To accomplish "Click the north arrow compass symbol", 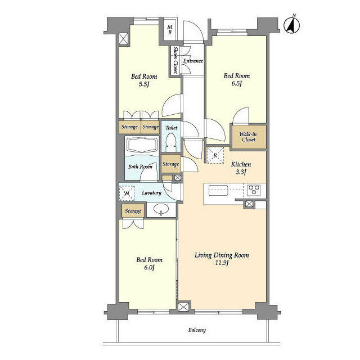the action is click(291, 25).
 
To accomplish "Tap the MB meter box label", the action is click(170, 30).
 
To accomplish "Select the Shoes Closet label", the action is click(175, 60).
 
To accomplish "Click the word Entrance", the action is click(193, 61).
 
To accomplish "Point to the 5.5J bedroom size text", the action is click(144, 84).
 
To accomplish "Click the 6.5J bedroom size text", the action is click(237, 83).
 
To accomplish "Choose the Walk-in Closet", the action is click(248, 137).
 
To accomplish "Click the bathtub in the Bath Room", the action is click(142, 145).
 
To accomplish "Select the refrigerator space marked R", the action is click(215, 155).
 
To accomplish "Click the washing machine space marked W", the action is click(127, 193).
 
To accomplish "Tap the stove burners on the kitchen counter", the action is click(254, 190).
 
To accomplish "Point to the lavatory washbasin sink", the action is click(161, 209).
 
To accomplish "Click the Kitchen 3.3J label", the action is click(241, 168).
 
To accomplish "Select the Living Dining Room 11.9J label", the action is click(222, 259).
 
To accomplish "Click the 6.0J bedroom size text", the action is click(149, 268).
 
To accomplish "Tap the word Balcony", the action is click(197, 330).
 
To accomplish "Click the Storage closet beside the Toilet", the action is click(170, 164).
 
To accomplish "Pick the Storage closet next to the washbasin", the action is click(133, 211).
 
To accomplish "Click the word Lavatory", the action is click(151, 193).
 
